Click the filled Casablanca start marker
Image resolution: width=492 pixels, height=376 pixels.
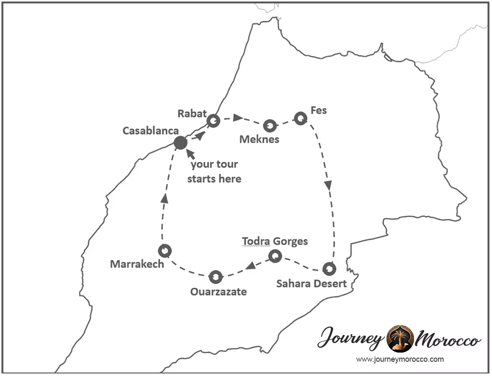pyautogui.click(x=180, y=143)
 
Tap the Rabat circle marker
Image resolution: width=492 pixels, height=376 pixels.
pyautogui.click(x=213, y=121)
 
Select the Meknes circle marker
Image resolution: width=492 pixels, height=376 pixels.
pyautogui.click(x=270, y=125)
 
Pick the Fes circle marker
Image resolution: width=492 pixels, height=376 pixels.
pyautogui.click(x=301, y=118)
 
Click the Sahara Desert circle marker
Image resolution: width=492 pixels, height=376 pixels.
pyautogui.click(x=329, y=269)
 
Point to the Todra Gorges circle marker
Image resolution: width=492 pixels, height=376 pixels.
pyautogui.click(x=275, y=256)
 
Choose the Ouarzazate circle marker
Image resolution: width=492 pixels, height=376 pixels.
pyautogui.click(x=216, y=276)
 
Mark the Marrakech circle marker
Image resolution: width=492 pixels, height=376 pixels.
pyautogui.click(x=165, y=251)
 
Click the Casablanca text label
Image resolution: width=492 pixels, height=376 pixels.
pyautogui.click(x=150, y=130)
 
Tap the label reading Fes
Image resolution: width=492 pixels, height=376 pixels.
pyautogui.click(x=319, y=110)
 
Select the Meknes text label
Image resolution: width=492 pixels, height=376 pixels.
pyautogui.click(x=259, y=139)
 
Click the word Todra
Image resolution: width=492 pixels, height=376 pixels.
pyautogui.click(x=255, y=241)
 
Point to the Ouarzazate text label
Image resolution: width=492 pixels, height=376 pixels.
pyautogui.click(x=218, y=292)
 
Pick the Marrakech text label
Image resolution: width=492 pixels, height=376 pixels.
pyautogui.click(x=137, y=264)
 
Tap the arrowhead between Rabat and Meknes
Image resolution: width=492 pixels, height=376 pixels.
pyautogui.click(x=238, y=118)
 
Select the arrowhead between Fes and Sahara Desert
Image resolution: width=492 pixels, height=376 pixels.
pyautogui.click(x=328, y=184)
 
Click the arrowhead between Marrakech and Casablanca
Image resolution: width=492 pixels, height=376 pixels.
pyautogui.click(x=165, y=199)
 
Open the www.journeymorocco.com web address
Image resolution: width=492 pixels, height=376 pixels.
pyautogui.click(x=400, y=359)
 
